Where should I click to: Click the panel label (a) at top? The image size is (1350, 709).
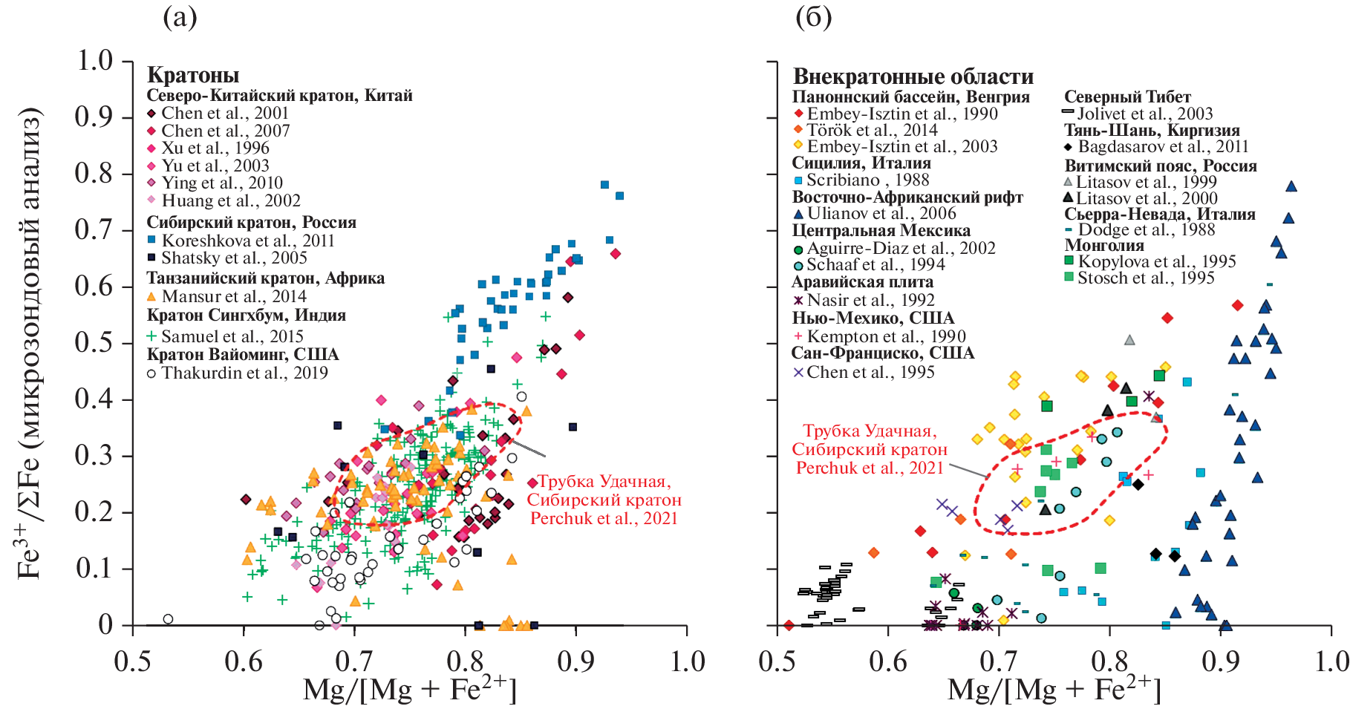tap(180, 17)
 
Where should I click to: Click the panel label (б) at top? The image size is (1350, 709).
tap(813, 17)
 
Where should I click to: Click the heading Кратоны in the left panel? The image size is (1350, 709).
tap(193, 75)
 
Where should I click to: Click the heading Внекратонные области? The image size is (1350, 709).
tap(913, 76)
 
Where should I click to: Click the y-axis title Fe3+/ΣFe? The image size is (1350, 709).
tap(30, 342)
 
